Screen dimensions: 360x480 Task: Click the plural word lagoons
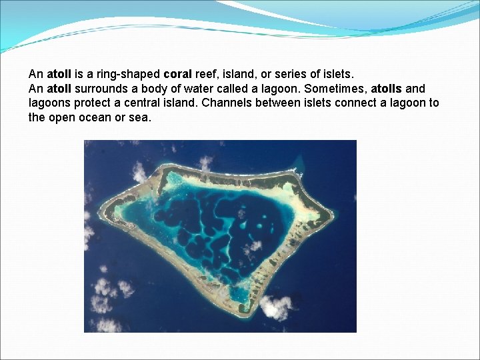point(51,103)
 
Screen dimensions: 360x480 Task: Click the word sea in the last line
point(142,118)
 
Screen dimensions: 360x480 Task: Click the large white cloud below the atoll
point(275,307)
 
